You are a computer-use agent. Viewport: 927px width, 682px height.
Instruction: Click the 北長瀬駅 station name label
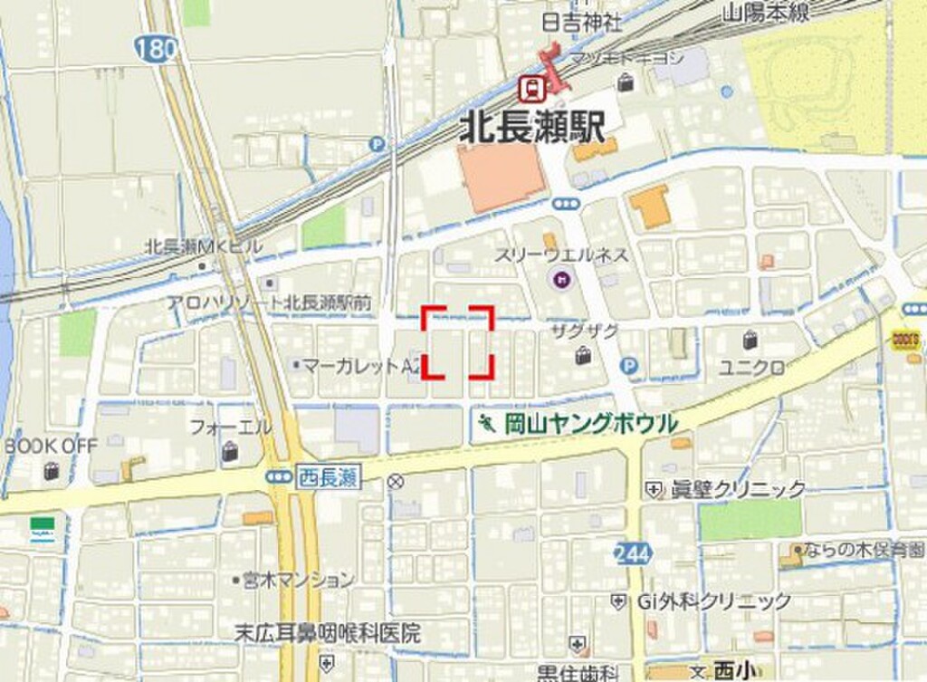click(532, 125)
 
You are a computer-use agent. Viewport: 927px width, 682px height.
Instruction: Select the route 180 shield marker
click(159, 49)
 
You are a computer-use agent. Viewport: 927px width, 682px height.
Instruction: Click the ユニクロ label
click(751, 367)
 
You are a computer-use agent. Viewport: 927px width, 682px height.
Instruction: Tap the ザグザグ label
click(585, 331)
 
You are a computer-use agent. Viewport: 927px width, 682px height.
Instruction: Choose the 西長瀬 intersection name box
click(327, 477)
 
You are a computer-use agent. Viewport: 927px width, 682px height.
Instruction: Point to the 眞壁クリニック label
click(737, 489)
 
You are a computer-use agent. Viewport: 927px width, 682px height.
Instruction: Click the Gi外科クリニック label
click(713, 600)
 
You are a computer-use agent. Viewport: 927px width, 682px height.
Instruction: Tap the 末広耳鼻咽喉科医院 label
click(327, 633)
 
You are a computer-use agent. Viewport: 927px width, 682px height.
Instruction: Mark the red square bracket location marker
click(458, 341)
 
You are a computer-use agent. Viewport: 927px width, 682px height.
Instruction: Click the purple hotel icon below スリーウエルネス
click(561, 279)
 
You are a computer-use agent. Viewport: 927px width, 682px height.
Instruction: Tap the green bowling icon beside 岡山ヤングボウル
click(487, 423)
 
